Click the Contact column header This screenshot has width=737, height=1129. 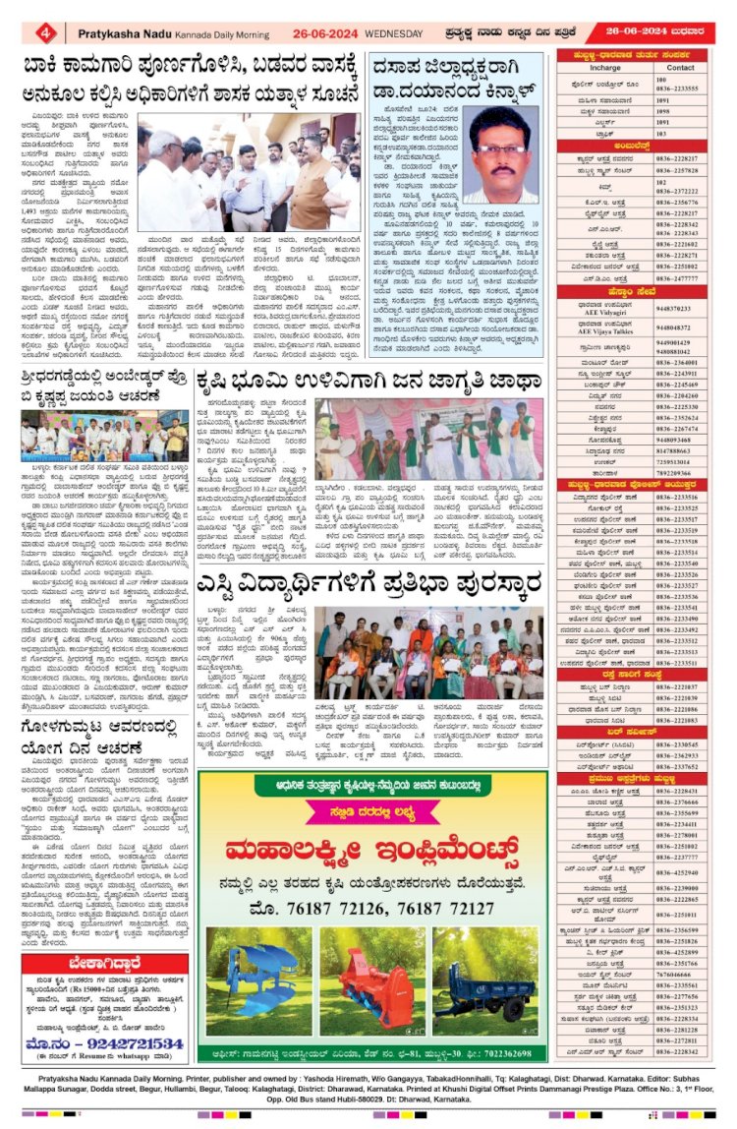click(x=680, y=68)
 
